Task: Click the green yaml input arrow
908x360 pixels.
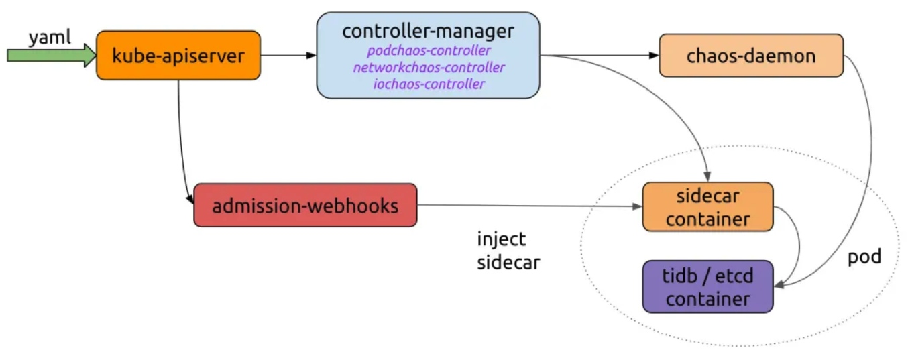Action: [50, 56]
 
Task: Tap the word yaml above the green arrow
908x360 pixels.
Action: [49, 38]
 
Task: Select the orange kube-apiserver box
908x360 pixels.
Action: [178, 56]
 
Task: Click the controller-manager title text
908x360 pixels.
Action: [428, 32]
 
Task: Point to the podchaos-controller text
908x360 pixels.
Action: [428, 51]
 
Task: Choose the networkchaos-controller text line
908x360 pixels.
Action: [428, 68]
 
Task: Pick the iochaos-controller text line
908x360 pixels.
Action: [428, 84]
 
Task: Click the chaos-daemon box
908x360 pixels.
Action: [750, 56]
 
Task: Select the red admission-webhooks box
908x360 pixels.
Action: [305, 205]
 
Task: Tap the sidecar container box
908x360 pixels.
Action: [707, 207]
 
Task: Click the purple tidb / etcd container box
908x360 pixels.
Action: [707, 287]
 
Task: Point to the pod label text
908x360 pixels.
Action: [864, 257]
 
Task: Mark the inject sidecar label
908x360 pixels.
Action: [508, 251]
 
